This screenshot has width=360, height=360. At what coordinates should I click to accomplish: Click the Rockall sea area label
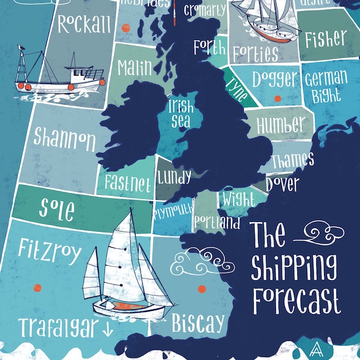tap(85, 24)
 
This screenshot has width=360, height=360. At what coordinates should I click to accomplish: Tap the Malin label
tap(134, 67)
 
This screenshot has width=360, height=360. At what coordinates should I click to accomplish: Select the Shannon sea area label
tap(65, 139)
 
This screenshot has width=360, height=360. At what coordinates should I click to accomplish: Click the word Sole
tap(57, 209)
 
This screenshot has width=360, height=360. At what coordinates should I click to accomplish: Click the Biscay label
tap(198, 325)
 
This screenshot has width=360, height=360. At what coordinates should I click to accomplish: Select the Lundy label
tap(175, 177)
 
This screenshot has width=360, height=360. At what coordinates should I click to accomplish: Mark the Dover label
tap(282, 183)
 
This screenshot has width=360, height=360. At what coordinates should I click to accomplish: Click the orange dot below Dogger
tap(277, 98)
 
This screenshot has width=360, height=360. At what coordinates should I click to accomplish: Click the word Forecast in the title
tap(295, 300)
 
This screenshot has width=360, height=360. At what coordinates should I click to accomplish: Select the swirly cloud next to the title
tap(323, 233)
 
